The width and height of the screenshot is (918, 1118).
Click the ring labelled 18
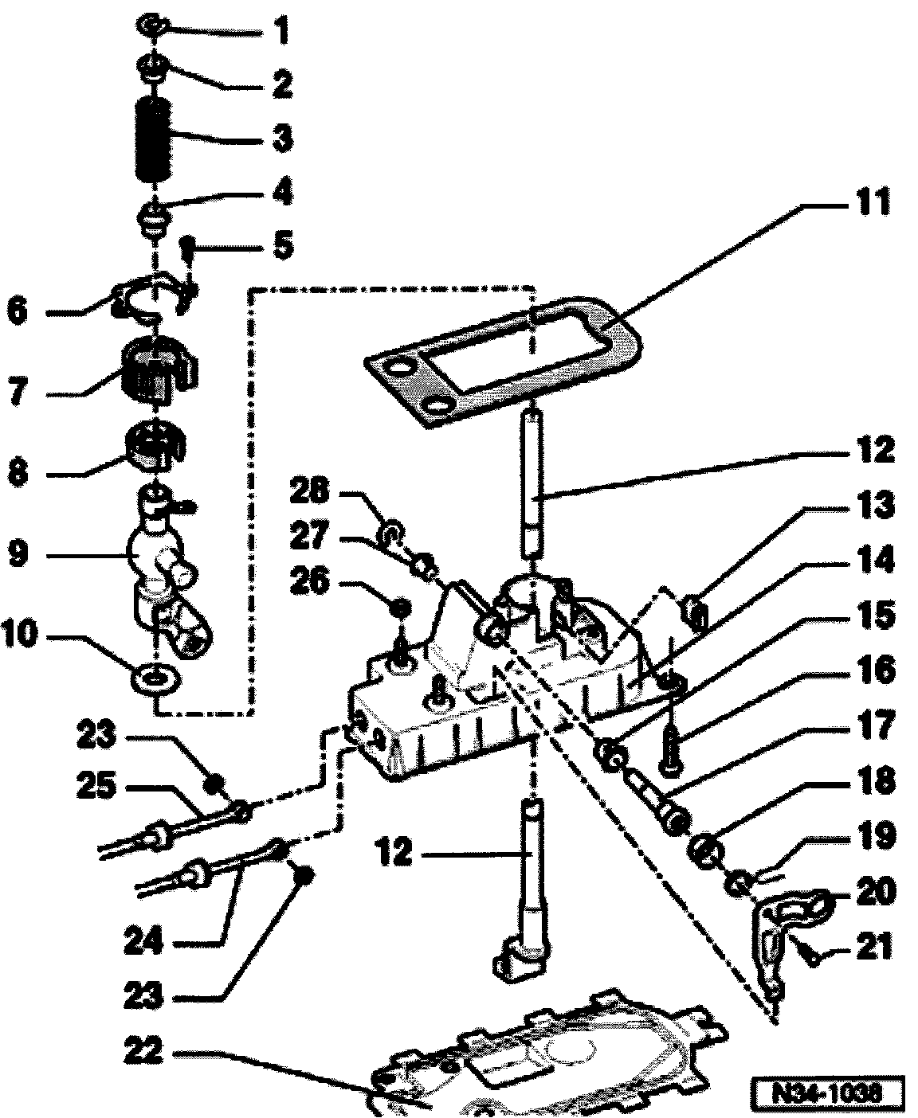704,849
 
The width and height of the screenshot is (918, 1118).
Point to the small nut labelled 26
403,608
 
